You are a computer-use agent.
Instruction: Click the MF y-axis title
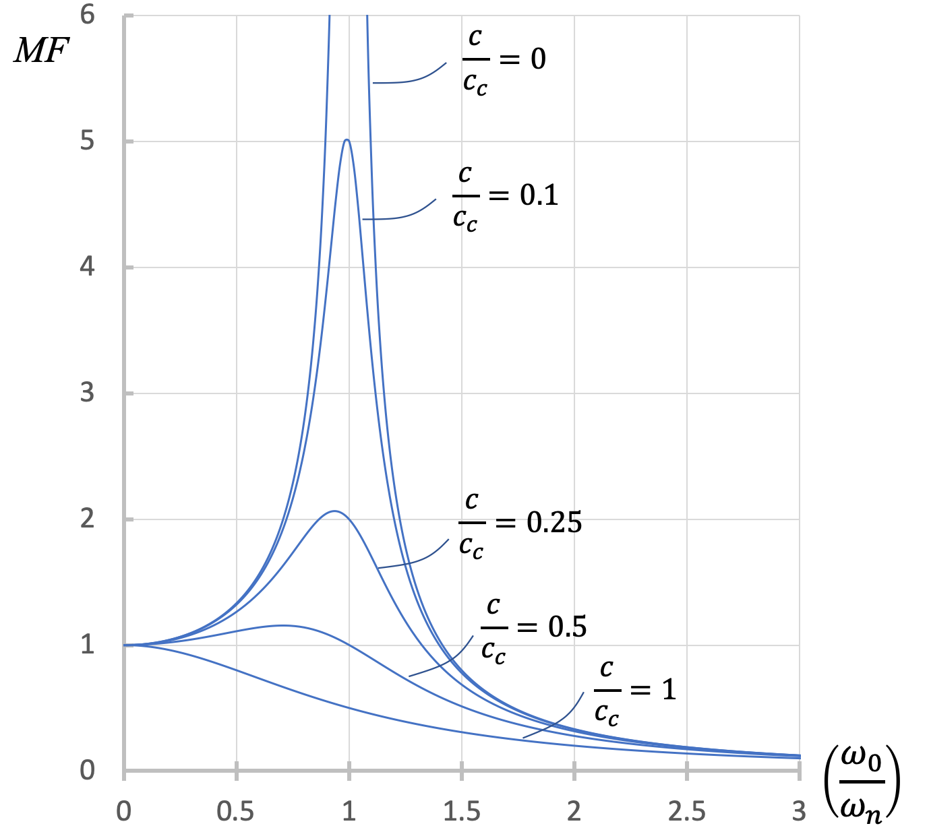click(x=41, y=50)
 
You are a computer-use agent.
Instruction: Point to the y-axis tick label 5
click(x=87, y=141)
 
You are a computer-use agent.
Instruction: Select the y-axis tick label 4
click(x=87, y=267)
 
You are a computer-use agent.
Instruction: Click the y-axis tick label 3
click(x=87, y=393)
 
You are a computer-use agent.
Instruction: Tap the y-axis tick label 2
click(x=87, y=519)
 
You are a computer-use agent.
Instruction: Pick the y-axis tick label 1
click(x=87, y=645)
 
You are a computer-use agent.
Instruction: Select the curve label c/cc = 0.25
click(x=520, y=524)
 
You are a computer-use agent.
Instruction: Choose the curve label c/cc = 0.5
click(x=533, y=629)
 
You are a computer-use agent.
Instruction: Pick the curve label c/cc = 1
click(x=634, y=691)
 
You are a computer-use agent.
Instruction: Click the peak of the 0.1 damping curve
click(x=347, y=139)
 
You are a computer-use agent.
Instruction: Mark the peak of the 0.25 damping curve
click(x=334, y=511)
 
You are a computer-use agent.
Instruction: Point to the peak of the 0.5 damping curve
click(x=283, y=625)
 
